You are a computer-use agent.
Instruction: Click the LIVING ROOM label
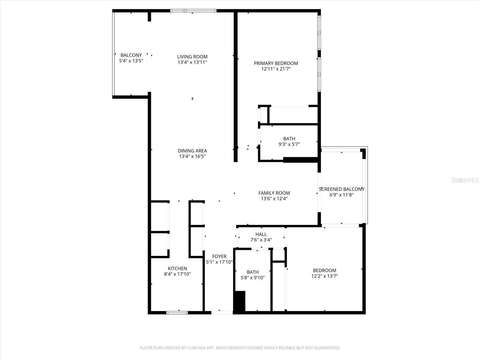(x=192, y=57)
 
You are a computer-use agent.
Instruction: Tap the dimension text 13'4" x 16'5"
(x=192, y=156)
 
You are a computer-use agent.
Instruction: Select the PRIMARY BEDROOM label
(x=276, y=63)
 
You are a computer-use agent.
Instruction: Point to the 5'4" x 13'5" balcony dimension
(x=131, y=61)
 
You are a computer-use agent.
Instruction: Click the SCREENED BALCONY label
(x=341, y=189)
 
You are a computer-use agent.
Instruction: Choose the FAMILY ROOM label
(x=274, y=193)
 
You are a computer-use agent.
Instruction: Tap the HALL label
(x=261, y=234)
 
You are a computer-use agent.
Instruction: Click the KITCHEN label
(x=177, y=268)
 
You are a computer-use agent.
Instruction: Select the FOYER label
(x=219, y=256)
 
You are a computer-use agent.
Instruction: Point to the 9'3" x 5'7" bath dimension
(x=289, y=144)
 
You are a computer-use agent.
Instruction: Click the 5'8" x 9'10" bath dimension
(x=253, y=278)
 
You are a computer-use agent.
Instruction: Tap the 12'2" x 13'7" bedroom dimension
(x=324, y=276)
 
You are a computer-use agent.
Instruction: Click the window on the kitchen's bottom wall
(x=177, y=313)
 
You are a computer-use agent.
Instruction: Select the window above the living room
(x=193, y=11)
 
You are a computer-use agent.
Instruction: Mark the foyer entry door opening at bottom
(x=222, y=313)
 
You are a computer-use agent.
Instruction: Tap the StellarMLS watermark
(x=465, y=180)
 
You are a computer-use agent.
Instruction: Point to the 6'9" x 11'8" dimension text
(x=341, y=195)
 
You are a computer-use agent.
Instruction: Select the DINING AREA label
(x=192, y=151)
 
